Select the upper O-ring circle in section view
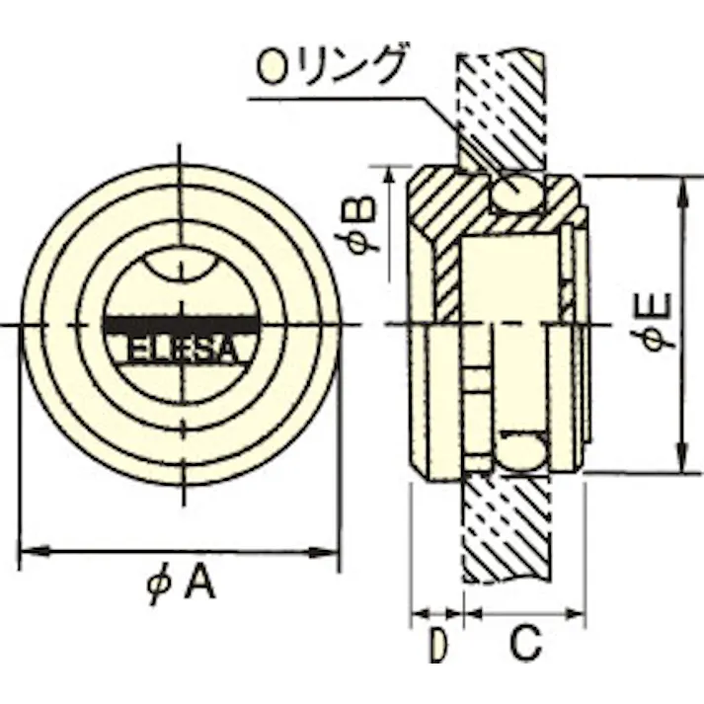(x=518, y=190)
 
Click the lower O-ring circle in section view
(x=520, y=453)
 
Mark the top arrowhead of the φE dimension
(x=680, y=188)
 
